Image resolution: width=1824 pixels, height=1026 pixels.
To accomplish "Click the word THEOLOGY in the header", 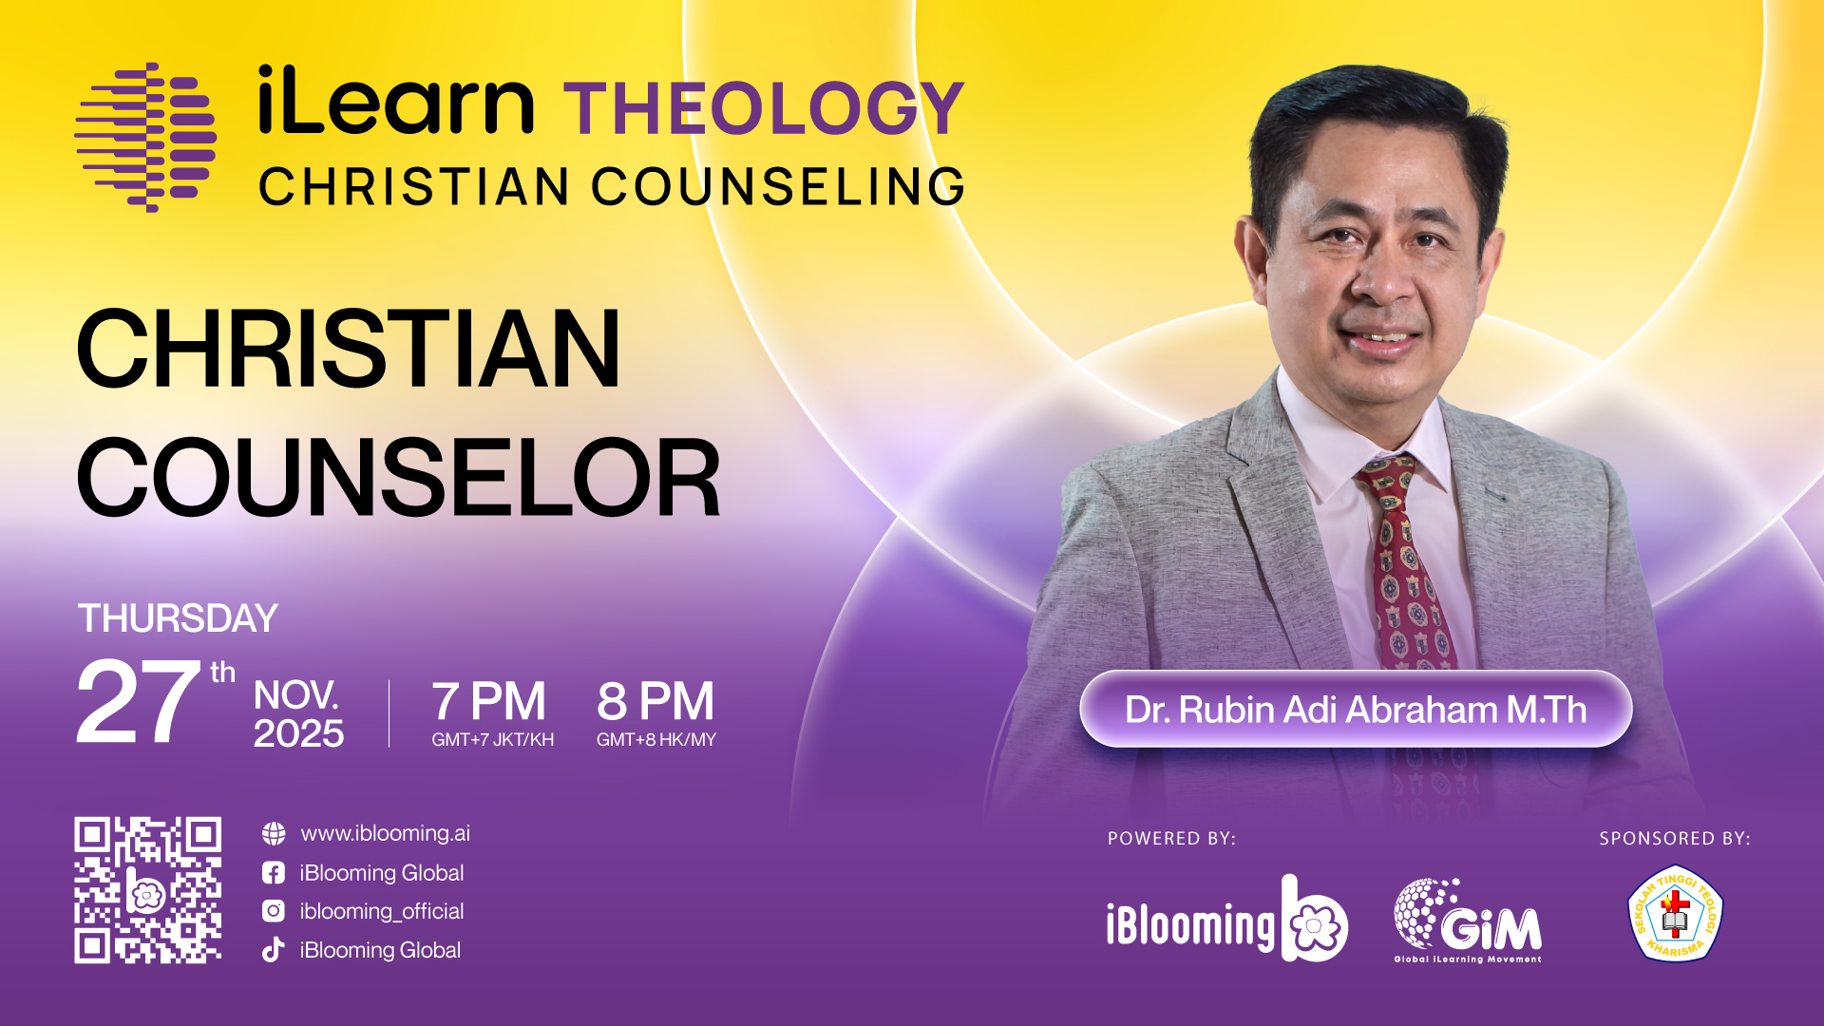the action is (764, 109).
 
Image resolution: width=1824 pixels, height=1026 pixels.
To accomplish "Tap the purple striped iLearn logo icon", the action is (145, 137).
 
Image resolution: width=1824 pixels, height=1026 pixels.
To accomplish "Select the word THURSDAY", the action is (178, 618).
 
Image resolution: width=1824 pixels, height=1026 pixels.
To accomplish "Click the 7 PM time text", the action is (489, 702).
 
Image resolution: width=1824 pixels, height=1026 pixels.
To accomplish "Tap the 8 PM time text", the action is (655, 702).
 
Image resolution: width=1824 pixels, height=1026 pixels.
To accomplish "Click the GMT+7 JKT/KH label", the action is (492, 740).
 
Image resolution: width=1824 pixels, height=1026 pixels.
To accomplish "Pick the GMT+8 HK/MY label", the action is (656, 740).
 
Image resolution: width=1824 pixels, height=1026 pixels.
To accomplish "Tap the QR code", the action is (148, 890).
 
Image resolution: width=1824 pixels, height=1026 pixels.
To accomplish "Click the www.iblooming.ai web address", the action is (385, 833).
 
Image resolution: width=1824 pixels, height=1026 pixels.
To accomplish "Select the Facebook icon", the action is (274, 872).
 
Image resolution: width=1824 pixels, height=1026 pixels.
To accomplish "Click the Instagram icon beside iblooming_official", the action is (274, 911).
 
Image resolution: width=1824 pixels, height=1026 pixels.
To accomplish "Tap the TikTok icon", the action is (274, 950).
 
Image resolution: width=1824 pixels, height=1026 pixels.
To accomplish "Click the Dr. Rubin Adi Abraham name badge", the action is (1356, 710).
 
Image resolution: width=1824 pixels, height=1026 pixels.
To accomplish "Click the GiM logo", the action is (1468, 921).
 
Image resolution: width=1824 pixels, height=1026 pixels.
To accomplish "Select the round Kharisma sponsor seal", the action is (1676, 912).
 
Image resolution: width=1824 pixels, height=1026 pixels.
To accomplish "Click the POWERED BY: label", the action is (1171, 839).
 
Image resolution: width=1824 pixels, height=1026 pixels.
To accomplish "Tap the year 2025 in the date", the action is (298, 733).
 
